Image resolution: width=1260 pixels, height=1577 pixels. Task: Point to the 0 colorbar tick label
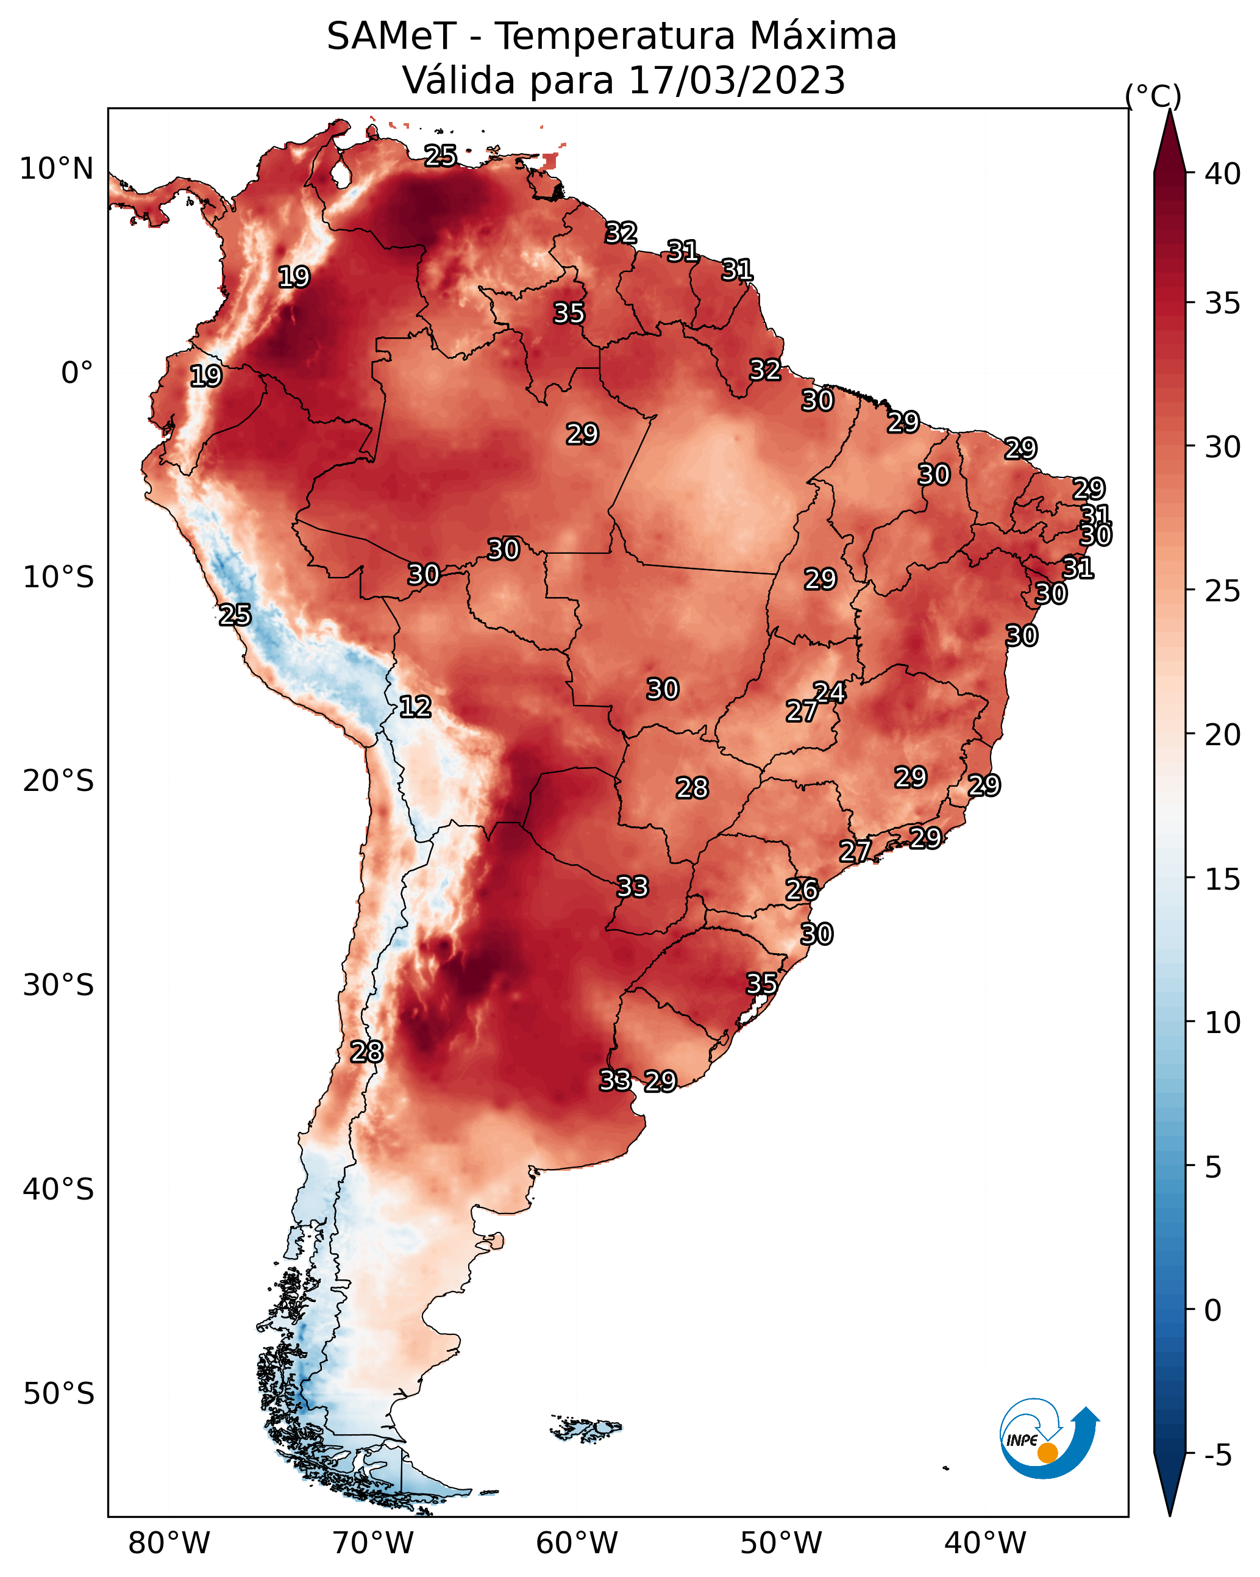click(x=1212, y=1311)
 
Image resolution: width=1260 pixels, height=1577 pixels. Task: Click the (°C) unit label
click(x=1153, y=96)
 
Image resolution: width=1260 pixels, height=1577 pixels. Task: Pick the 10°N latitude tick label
click(x=56, y=168)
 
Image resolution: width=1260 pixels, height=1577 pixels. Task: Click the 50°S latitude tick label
click(x=59, y=1393)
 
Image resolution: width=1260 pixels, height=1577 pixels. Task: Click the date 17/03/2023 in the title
click(x=736, y=80)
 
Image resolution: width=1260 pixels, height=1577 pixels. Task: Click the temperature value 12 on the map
click(x=415, y=707)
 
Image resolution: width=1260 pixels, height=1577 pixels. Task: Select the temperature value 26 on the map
click(x=802, y=890)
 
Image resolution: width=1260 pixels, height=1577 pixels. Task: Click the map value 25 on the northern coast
click(x=441, y=155)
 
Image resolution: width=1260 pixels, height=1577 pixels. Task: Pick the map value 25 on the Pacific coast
click(x=235, y=615)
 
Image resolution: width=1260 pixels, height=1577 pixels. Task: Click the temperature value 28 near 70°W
click(x=366, y=1051)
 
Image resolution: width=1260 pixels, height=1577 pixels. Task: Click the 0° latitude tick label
click(x=77, y=373)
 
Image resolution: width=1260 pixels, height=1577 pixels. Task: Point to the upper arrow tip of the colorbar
click(x=1169, y=110)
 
